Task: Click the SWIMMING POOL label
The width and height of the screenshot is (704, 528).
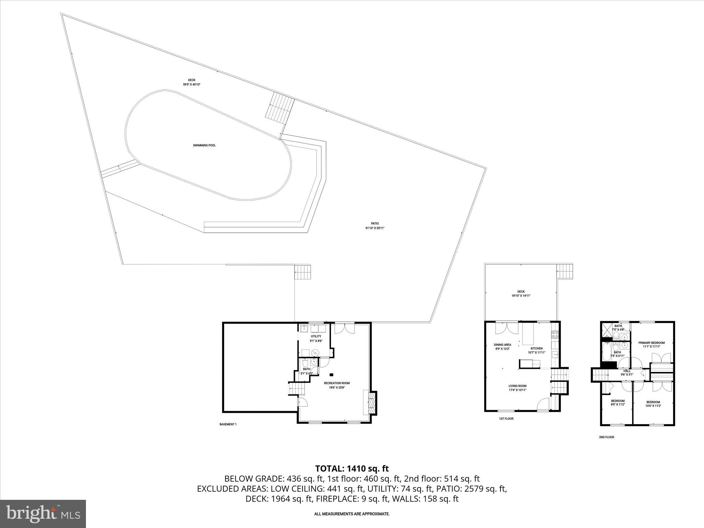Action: (x=204, y=145)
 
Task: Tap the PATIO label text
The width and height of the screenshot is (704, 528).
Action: (x=375, y=223)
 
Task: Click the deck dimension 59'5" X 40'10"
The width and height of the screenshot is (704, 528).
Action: (x=191, y=84)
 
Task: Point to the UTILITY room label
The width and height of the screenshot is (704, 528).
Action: (x=316, y=336)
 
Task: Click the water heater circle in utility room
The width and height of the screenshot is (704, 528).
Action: (x=316, y=353)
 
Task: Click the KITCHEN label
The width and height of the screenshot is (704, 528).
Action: (x=536, y=349)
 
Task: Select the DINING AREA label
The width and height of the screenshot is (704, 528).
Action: (x=502, y=345)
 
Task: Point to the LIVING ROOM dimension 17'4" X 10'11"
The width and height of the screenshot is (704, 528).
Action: (x=517, y=390)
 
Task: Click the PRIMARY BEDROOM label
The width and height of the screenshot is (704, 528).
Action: (x=651, y=343)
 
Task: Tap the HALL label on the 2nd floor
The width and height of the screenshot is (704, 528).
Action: (x=627, y=371)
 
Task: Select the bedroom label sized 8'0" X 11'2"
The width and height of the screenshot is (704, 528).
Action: (x=618, y=403)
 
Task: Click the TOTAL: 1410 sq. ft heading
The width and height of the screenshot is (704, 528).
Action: (x=352, y=469)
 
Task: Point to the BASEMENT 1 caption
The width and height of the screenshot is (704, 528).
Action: (x=228, y=424)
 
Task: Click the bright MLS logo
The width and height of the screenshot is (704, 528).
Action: (x=43, y=514)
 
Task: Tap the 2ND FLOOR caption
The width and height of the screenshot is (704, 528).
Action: (x=606, y=437)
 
